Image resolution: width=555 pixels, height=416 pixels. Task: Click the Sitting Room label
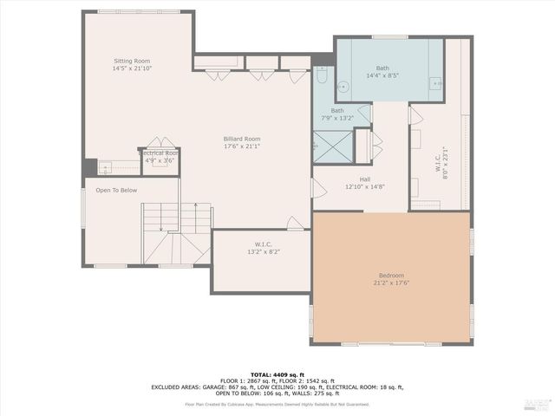tap(132, 62)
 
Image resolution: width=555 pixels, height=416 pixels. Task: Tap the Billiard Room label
tap(241, 139)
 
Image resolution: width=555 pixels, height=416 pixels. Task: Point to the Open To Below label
tap(116, 190)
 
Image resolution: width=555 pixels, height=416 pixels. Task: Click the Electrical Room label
tap(159, 153)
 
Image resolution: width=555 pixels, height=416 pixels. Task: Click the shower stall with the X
tap(333, 146)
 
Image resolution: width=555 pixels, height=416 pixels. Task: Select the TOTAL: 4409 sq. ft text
tap(277, 374)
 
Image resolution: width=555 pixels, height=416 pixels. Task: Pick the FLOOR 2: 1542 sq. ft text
tap(316, 380)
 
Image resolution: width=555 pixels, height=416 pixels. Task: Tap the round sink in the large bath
tap(343, 86)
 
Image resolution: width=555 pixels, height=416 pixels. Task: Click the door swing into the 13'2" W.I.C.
tap(296, 224)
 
